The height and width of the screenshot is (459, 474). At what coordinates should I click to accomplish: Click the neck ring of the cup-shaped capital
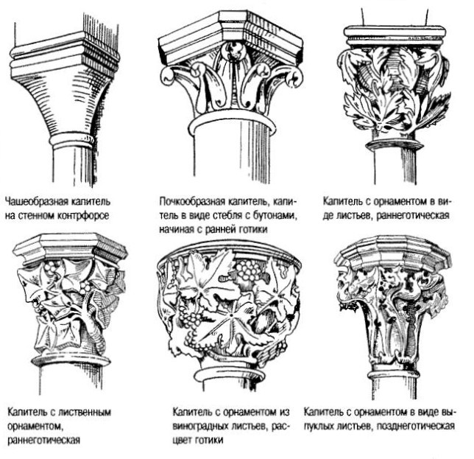71,141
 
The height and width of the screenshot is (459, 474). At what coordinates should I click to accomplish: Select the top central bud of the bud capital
234,51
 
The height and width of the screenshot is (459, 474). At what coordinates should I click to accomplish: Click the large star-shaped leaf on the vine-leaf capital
231,316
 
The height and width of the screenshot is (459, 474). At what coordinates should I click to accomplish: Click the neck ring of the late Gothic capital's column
394,373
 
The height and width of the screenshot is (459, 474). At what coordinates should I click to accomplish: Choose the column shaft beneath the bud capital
232,154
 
